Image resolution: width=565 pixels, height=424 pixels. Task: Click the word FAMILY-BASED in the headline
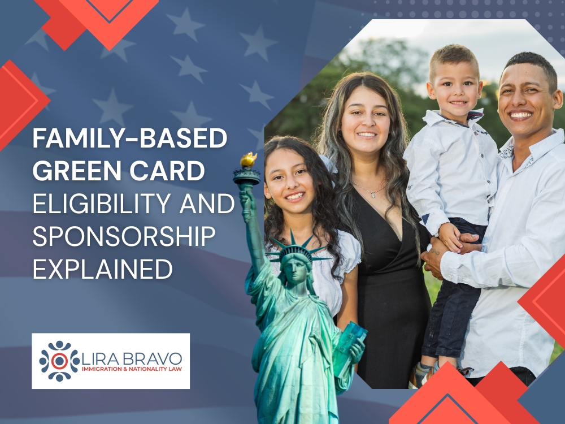[129, 139]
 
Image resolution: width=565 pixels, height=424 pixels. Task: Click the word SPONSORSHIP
[123, 236]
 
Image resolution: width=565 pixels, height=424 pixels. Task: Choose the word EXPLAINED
[102, 269]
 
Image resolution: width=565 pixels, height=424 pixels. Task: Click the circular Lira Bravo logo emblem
[60, 361]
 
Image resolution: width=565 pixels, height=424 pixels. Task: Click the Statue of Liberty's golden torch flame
[248, 160]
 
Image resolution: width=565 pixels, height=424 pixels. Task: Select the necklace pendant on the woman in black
[373, 193]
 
